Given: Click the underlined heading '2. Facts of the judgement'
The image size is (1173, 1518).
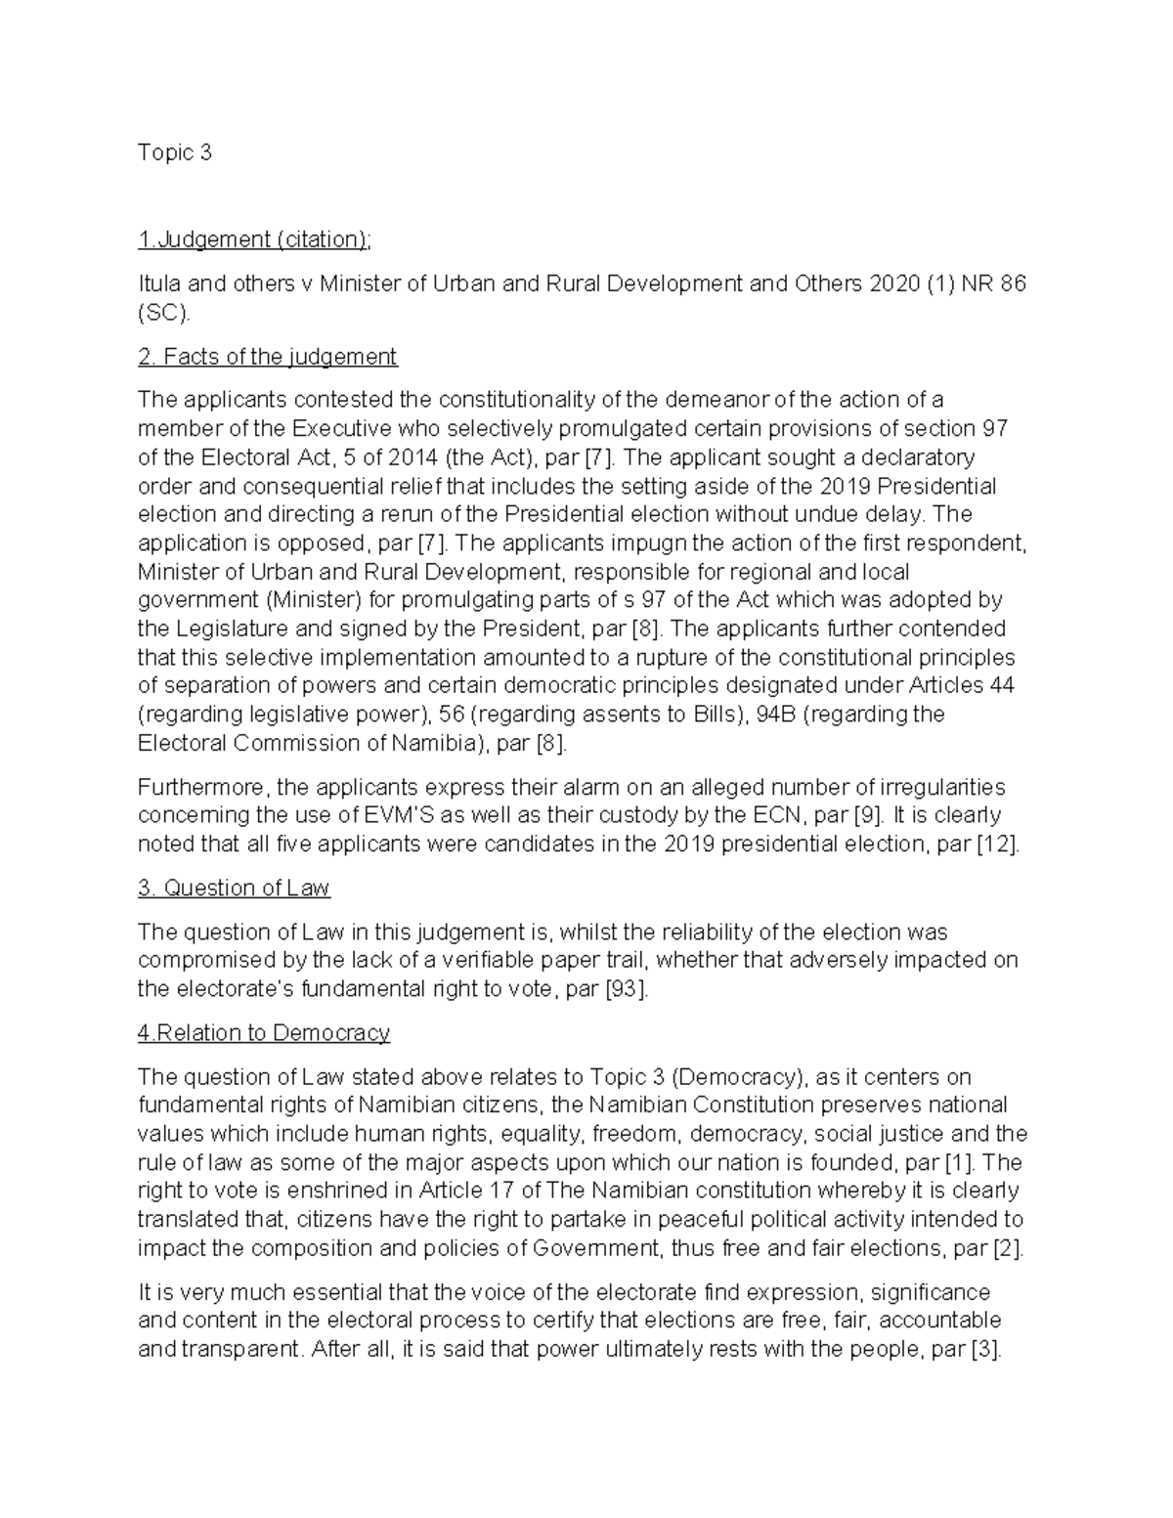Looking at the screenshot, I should tap(268, 357).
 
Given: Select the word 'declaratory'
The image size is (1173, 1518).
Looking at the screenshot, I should tap(919, 457).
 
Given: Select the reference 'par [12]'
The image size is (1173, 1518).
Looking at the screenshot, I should tap(977, 845).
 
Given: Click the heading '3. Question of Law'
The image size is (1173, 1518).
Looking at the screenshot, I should tap(234, 889).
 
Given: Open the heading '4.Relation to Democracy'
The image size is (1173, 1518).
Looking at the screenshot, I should tap(264, 1033).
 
